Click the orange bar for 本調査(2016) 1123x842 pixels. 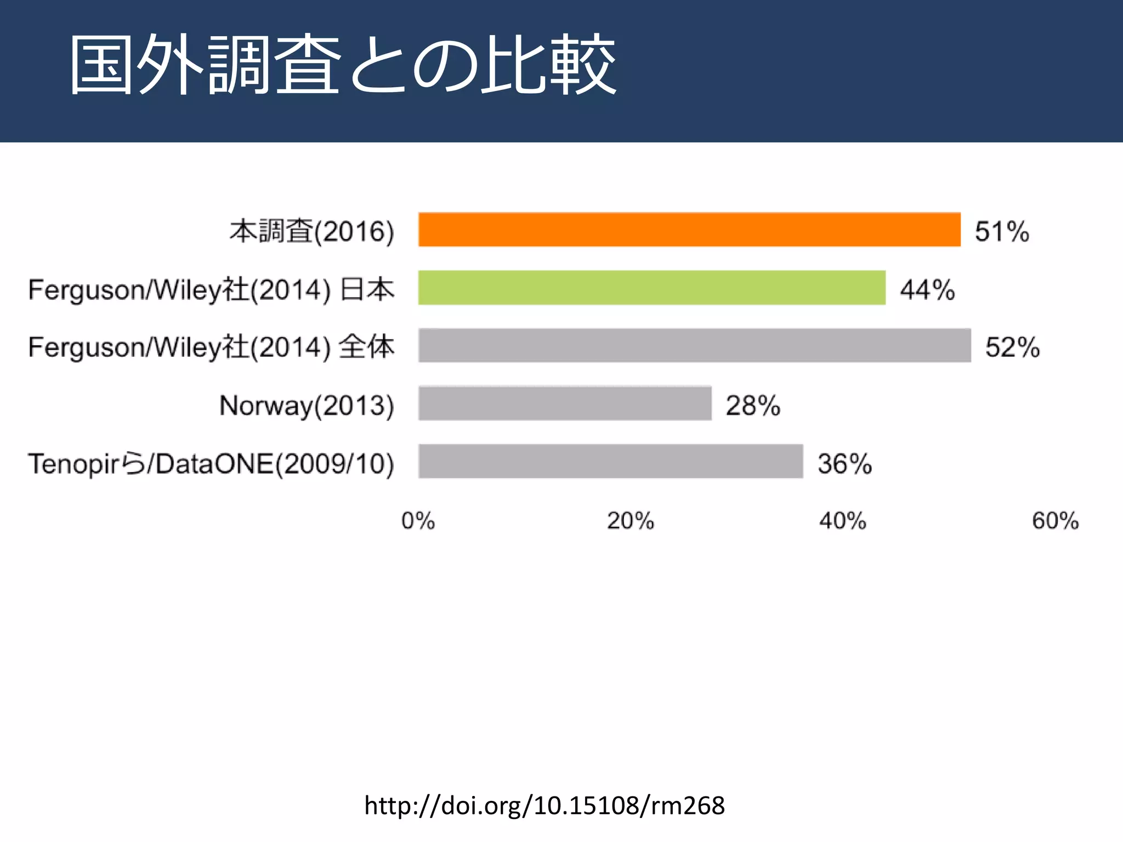(689, 230)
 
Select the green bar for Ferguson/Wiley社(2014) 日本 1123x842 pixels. (651, 288)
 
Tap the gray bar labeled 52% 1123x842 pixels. (694, 345)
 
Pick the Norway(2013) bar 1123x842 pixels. (565, 403)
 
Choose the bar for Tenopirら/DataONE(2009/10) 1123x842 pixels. (610, 462)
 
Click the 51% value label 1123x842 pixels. (1002, 231)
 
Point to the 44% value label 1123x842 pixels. (927, 289)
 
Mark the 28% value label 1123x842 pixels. (753, 406)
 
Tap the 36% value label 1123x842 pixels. (844, 464)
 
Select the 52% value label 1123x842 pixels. (1012, 347)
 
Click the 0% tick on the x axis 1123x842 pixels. (418, 521)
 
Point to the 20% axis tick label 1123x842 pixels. (630, 521)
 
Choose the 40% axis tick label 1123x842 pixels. (843, 521)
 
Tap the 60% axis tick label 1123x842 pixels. (1055, 521)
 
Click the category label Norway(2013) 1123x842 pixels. (307, 406)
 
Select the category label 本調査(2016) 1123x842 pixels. (311, 231)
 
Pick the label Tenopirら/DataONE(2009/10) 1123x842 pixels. (211, 464)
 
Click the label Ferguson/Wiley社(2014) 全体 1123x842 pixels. (211, 347)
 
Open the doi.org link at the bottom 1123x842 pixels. (545, 805)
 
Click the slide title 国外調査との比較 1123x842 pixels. (343, 65)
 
